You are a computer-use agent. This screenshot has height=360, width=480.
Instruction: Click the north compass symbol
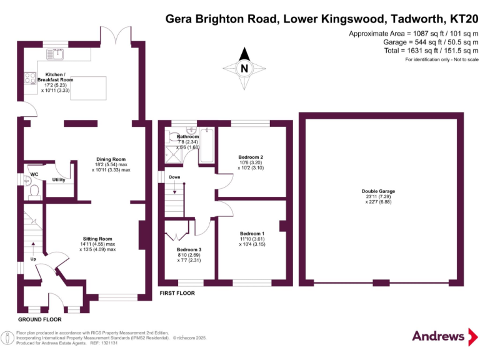pyautogui.click(x=245, y=69)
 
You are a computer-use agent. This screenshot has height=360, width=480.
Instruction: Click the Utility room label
pyautogui.click(x=59, y=179)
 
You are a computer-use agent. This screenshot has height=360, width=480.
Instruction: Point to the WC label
pyautogui.click(x=34, y=174)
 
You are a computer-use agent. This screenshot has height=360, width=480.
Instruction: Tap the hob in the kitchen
pyautogui.click(x=29, y=79)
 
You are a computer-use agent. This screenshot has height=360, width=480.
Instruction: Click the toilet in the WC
pyautogui.click(x=35, y=189)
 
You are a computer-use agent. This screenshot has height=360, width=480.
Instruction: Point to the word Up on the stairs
pyautogui.click(x=32, y=259)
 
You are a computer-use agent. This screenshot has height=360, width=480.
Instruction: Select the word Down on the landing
pyautogui.click(x=176, y=177)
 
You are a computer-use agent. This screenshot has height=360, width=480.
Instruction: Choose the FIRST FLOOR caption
pyautogui.click(x=177, y=292)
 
